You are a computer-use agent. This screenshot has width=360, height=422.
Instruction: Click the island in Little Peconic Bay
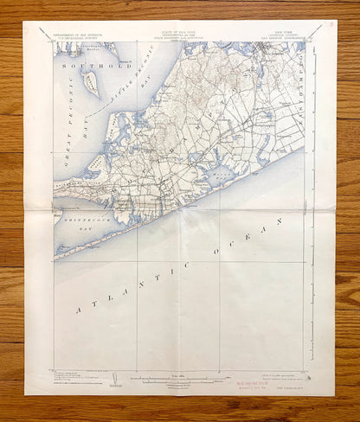91,84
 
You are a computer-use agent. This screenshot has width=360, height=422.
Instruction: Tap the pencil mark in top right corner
328,29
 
